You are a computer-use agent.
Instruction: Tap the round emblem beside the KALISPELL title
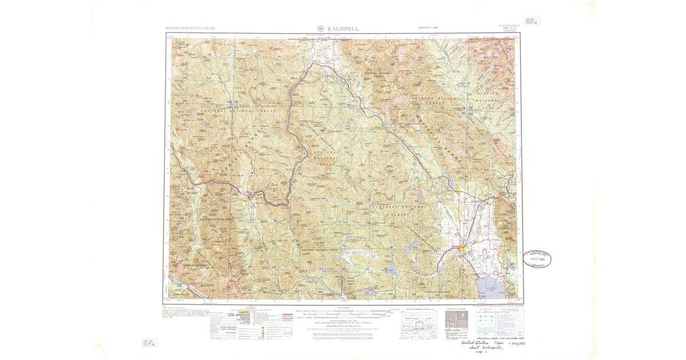point(320,28)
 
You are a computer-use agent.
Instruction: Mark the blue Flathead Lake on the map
point(490,284)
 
